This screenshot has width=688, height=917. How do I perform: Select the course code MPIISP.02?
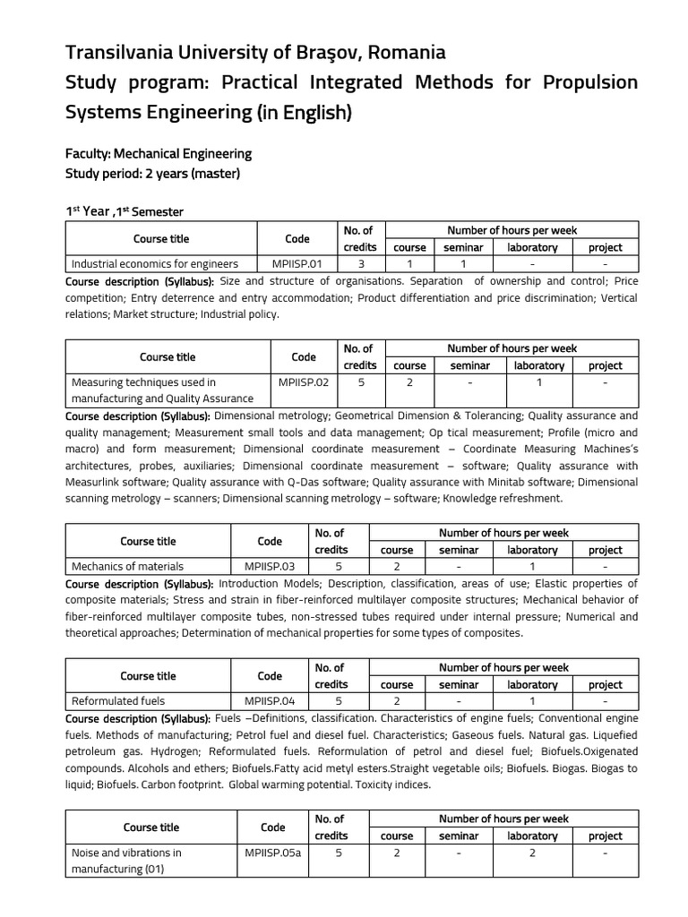[304, 381]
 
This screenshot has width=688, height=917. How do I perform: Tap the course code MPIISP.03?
[269, 566]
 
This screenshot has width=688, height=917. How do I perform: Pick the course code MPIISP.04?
[269, 701]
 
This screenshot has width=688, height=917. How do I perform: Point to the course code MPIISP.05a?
[272, 853]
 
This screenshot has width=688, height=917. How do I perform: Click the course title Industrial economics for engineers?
[155, 264]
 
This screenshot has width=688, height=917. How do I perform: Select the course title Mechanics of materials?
[127, 566]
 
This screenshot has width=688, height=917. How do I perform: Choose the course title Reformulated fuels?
[118, 701]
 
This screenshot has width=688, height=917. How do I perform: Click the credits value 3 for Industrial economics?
[360, 264]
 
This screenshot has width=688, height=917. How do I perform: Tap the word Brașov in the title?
[335, 53]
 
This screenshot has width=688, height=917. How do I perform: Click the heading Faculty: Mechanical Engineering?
[159, 154]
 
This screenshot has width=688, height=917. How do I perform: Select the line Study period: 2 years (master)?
[152, 173]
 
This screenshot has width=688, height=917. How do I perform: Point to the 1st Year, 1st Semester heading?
[125, 211]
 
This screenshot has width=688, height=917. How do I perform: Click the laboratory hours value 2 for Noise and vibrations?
[532, 853]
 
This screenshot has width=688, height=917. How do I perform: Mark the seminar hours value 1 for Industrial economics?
[463, 264]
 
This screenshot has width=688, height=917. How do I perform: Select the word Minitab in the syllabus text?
[517, 482]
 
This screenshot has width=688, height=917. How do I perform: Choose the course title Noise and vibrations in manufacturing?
[126, 861]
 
